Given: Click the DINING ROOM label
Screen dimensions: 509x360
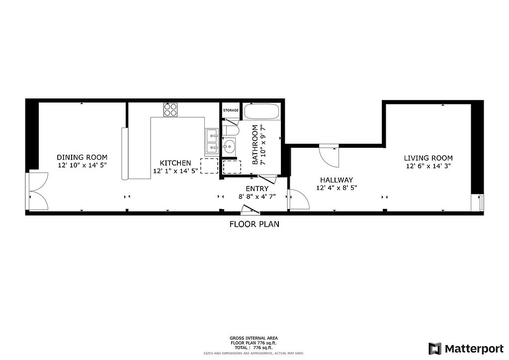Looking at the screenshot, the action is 82,158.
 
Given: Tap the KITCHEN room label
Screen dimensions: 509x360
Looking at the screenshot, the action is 175,163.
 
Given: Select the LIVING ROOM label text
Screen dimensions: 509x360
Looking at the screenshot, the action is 428,158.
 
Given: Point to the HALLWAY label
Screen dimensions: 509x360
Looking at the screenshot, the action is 337,180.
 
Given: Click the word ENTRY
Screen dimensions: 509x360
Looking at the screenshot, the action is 257,188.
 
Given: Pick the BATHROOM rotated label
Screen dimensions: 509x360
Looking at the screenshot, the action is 255,145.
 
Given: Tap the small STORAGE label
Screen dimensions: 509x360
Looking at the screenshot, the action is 231,110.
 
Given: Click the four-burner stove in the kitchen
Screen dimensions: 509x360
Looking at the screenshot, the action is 170,110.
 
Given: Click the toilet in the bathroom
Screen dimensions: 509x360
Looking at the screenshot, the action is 231,130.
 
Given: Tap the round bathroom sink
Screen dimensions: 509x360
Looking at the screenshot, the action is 230,146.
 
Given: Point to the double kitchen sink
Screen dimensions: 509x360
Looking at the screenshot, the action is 211,142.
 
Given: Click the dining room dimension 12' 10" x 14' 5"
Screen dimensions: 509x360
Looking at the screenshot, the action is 83,165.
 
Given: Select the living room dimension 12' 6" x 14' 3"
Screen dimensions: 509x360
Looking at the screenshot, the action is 428,166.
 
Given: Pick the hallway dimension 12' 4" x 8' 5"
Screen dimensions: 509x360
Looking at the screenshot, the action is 337,187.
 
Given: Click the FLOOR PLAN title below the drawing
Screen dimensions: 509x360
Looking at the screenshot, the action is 254,224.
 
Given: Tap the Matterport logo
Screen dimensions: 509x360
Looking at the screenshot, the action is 466,349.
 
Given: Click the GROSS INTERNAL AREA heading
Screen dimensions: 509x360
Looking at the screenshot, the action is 254,338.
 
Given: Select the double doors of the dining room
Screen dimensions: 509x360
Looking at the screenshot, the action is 37,191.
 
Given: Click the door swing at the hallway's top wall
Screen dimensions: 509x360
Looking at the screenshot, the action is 329,156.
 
